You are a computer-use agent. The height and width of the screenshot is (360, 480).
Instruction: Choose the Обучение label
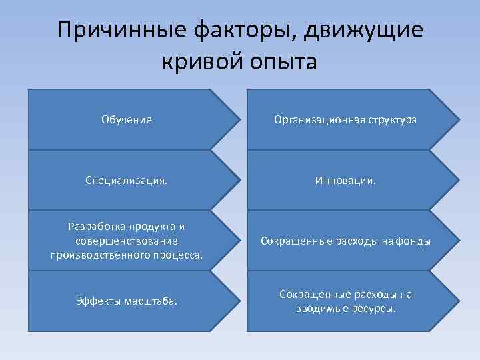(x=127, y=120)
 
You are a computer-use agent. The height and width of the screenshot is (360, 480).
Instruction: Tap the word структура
(x=388, y=120)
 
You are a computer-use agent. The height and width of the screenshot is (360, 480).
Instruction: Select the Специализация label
(x=126, y=180)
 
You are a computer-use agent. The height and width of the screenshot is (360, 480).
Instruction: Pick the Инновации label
(x=345, y=180)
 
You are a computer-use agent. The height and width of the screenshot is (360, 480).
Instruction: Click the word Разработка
(x=97, y=227)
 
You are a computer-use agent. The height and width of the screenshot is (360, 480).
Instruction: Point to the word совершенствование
(x=127, y=241)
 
